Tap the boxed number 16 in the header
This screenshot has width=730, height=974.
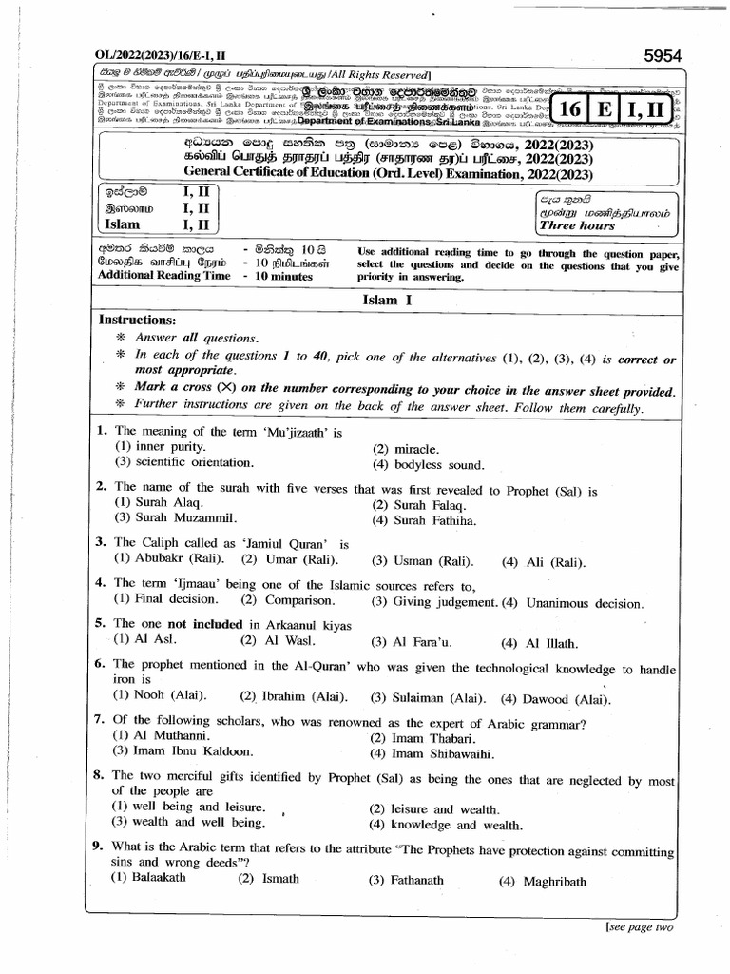coord(569,109)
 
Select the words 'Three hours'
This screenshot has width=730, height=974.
coord(577,226)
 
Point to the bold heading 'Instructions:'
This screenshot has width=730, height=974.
coord(138,321)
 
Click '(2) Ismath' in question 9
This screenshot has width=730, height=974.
coord(261,880)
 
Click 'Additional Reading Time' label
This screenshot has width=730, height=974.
coord(163,275)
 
